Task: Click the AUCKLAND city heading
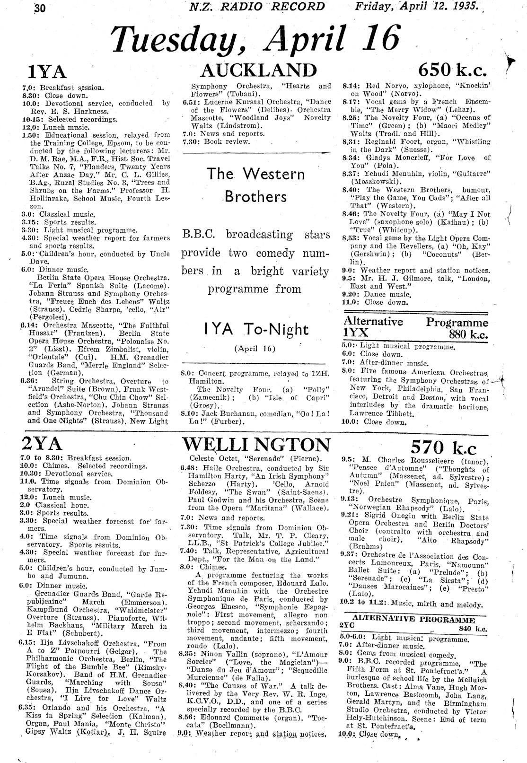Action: click(258, 70)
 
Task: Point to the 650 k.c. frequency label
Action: click(452, 70)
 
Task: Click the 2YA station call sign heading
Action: click(42, 444)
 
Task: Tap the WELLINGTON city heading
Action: click(256, 445)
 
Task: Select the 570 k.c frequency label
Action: click(444, 447)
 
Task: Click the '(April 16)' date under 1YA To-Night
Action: click(255, 349)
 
